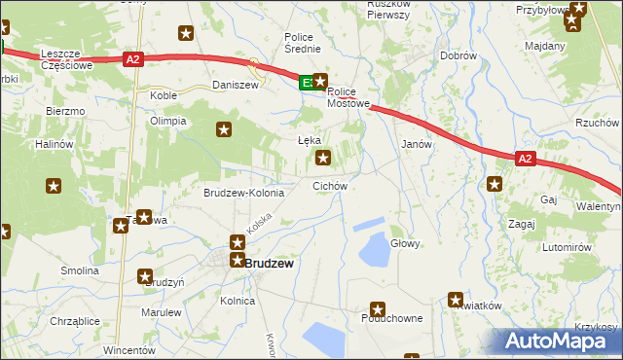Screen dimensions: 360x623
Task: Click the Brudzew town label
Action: point(270,263)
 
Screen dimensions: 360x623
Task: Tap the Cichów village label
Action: point(330,185)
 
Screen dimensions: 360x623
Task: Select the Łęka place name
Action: point(309,140)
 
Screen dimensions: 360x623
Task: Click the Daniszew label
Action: point(235,86)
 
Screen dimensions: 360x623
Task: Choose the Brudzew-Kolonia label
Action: point(243,193)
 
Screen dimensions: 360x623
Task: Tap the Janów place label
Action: point(417,143)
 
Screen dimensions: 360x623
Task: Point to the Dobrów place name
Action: point(458,56)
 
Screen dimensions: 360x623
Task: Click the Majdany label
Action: point(545,46)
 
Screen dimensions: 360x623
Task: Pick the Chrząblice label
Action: point(74,320)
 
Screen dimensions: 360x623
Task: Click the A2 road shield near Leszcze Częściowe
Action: point(134,59)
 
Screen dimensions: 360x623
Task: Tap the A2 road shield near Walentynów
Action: point(525,159)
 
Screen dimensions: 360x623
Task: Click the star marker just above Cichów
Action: point(324,157)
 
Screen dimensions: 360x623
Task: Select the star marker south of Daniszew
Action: point(225,128)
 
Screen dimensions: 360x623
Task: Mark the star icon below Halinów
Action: point(55,185)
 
